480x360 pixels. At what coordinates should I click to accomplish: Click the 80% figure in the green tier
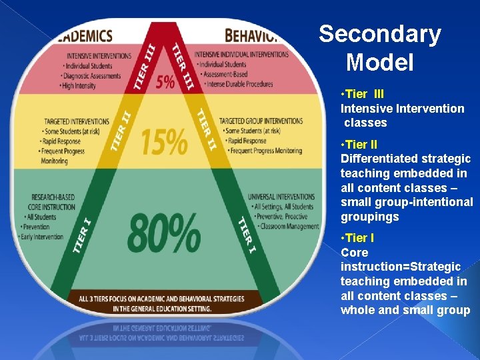163,233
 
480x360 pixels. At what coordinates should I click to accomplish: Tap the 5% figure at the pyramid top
165,82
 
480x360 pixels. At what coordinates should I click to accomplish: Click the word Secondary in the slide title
380,34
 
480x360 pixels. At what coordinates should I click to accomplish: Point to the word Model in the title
380,63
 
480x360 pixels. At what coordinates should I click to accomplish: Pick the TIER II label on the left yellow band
121,131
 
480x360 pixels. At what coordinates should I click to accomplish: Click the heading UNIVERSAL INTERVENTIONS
281,197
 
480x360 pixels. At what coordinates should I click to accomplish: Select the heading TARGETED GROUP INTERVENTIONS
261,121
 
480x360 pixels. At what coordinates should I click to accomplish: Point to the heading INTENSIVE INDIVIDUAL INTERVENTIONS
241,55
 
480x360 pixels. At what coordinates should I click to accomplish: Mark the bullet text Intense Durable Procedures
239,84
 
